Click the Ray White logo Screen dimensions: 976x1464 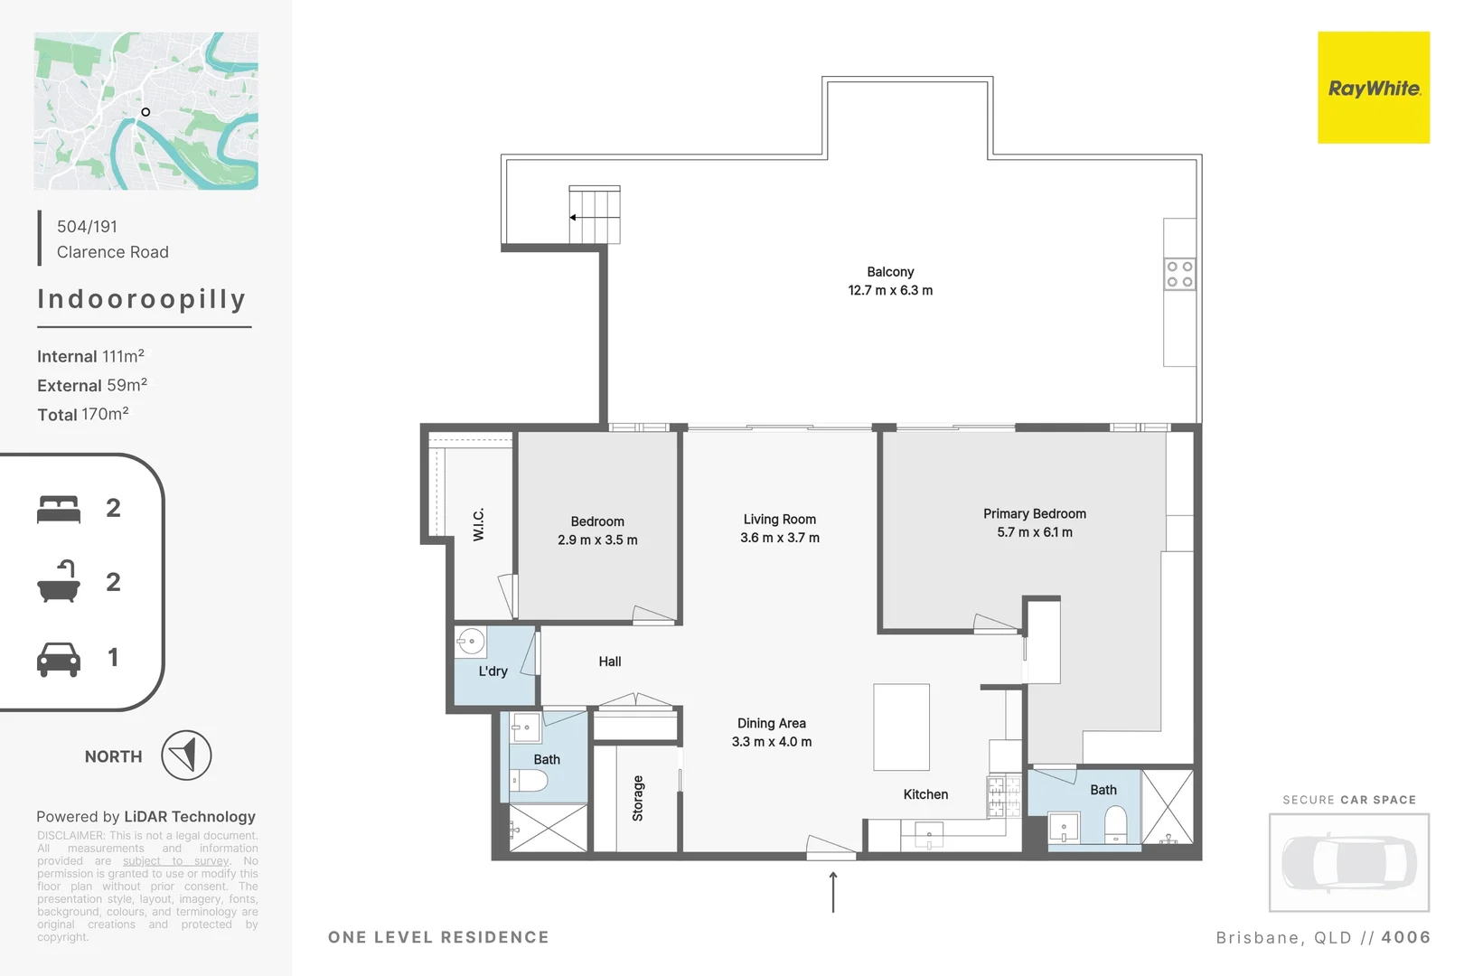(x=1373, y=88)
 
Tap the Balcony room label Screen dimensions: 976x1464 (x=890, y=272)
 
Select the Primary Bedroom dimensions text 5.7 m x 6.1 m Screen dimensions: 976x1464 (x=1035, y=532)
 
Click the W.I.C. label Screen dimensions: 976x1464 (x=479, y=524)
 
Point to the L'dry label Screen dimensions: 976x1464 (x=493, y=671)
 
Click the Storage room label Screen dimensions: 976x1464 (x=638, y=798)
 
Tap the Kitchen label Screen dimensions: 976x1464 (x=925, y=794)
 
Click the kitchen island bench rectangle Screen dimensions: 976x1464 (x=901, y=727)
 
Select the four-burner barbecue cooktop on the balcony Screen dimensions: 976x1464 (x=1179, y=274)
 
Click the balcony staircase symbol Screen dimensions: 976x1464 (x=595, y=215)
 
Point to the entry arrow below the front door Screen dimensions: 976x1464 (x=833, y=892)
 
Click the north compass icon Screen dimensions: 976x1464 (x=186, y=755)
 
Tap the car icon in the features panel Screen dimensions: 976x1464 (x=59, y=659)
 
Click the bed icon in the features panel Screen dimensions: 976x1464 (x=59, y=509)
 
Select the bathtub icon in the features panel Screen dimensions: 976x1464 (x=59, y=583)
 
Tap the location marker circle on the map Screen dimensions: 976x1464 (x=145, y=112)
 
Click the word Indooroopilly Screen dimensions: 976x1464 (x=142, y=299)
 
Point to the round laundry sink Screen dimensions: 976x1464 (x=471, y=642)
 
